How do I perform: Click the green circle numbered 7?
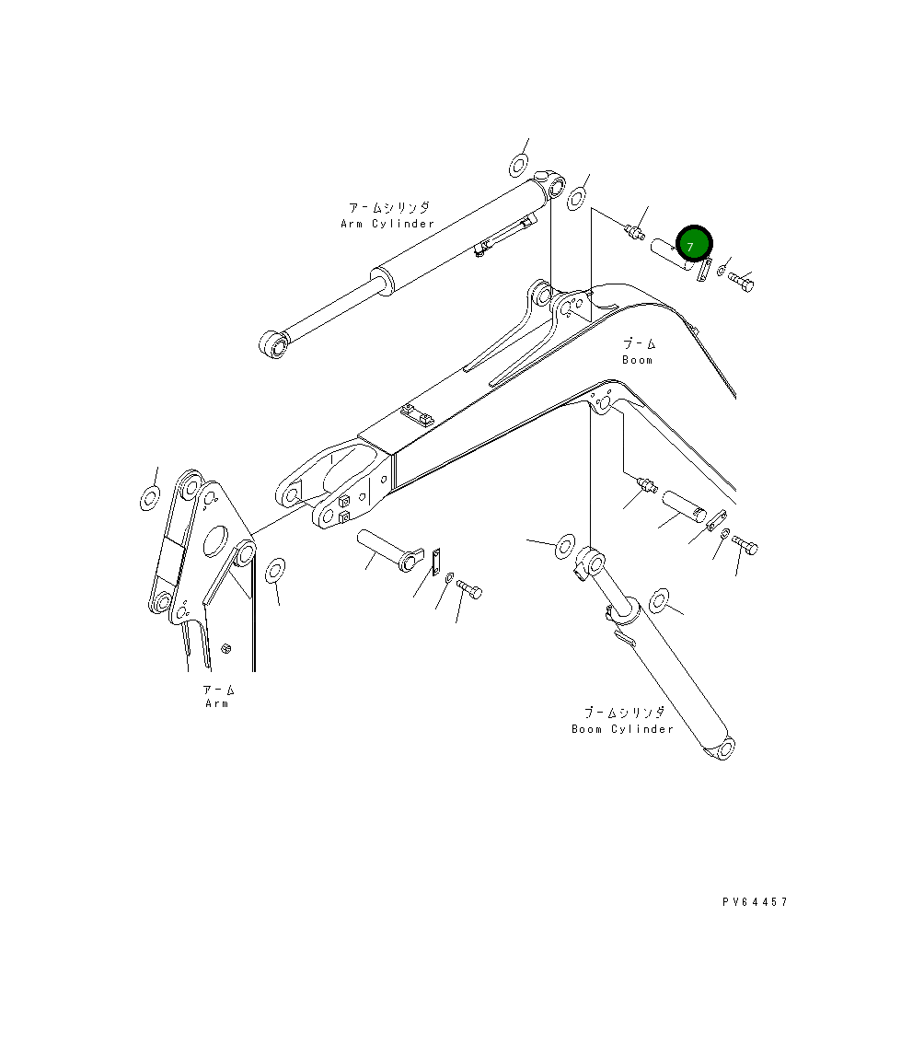(693, 245)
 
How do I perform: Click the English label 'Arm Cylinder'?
(387, 224)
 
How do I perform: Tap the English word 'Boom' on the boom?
(637, 360)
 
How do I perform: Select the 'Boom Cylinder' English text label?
(622, 729)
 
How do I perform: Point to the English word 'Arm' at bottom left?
(217, 703)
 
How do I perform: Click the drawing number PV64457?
(755, 902)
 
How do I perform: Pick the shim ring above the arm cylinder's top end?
(519, 166)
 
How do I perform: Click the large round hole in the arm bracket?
(216, 540)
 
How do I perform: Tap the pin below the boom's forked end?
(383, 549)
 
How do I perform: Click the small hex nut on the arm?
(226, 649)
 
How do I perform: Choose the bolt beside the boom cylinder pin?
(745, 546)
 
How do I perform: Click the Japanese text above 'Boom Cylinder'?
(622, 713)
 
